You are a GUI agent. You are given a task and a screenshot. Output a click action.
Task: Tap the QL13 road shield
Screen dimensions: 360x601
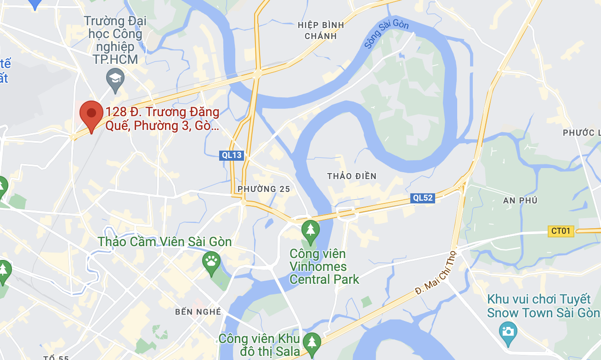pos(232,155)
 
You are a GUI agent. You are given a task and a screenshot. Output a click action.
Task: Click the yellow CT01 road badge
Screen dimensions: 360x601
pos(561,231)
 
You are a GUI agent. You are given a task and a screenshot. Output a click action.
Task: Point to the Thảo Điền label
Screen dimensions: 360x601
pos(352,176)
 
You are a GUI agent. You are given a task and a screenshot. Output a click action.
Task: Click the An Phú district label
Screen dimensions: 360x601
pos(520,201)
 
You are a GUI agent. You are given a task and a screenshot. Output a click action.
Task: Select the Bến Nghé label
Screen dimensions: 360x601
pos(198,312)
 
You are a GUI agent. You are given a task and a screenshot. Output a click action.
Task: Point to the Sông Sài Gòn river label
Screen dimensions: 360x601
pos(386,35)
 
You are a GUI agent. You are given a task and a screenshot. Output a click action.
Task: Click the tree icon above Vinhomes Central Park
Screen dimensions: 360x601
pos(311,230)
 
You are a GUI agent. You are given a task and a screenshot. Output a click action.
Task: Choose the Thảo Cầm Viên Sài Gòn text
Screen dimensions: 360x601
pos(164,242)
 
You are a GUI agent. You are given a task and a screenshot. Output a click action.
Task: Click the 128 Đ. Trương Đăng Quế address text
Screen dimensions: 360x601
pos(162,119)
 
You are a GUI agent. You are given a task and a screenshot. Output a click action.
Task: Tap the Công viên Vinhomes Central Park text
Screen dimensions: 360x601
pos(324,266)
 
